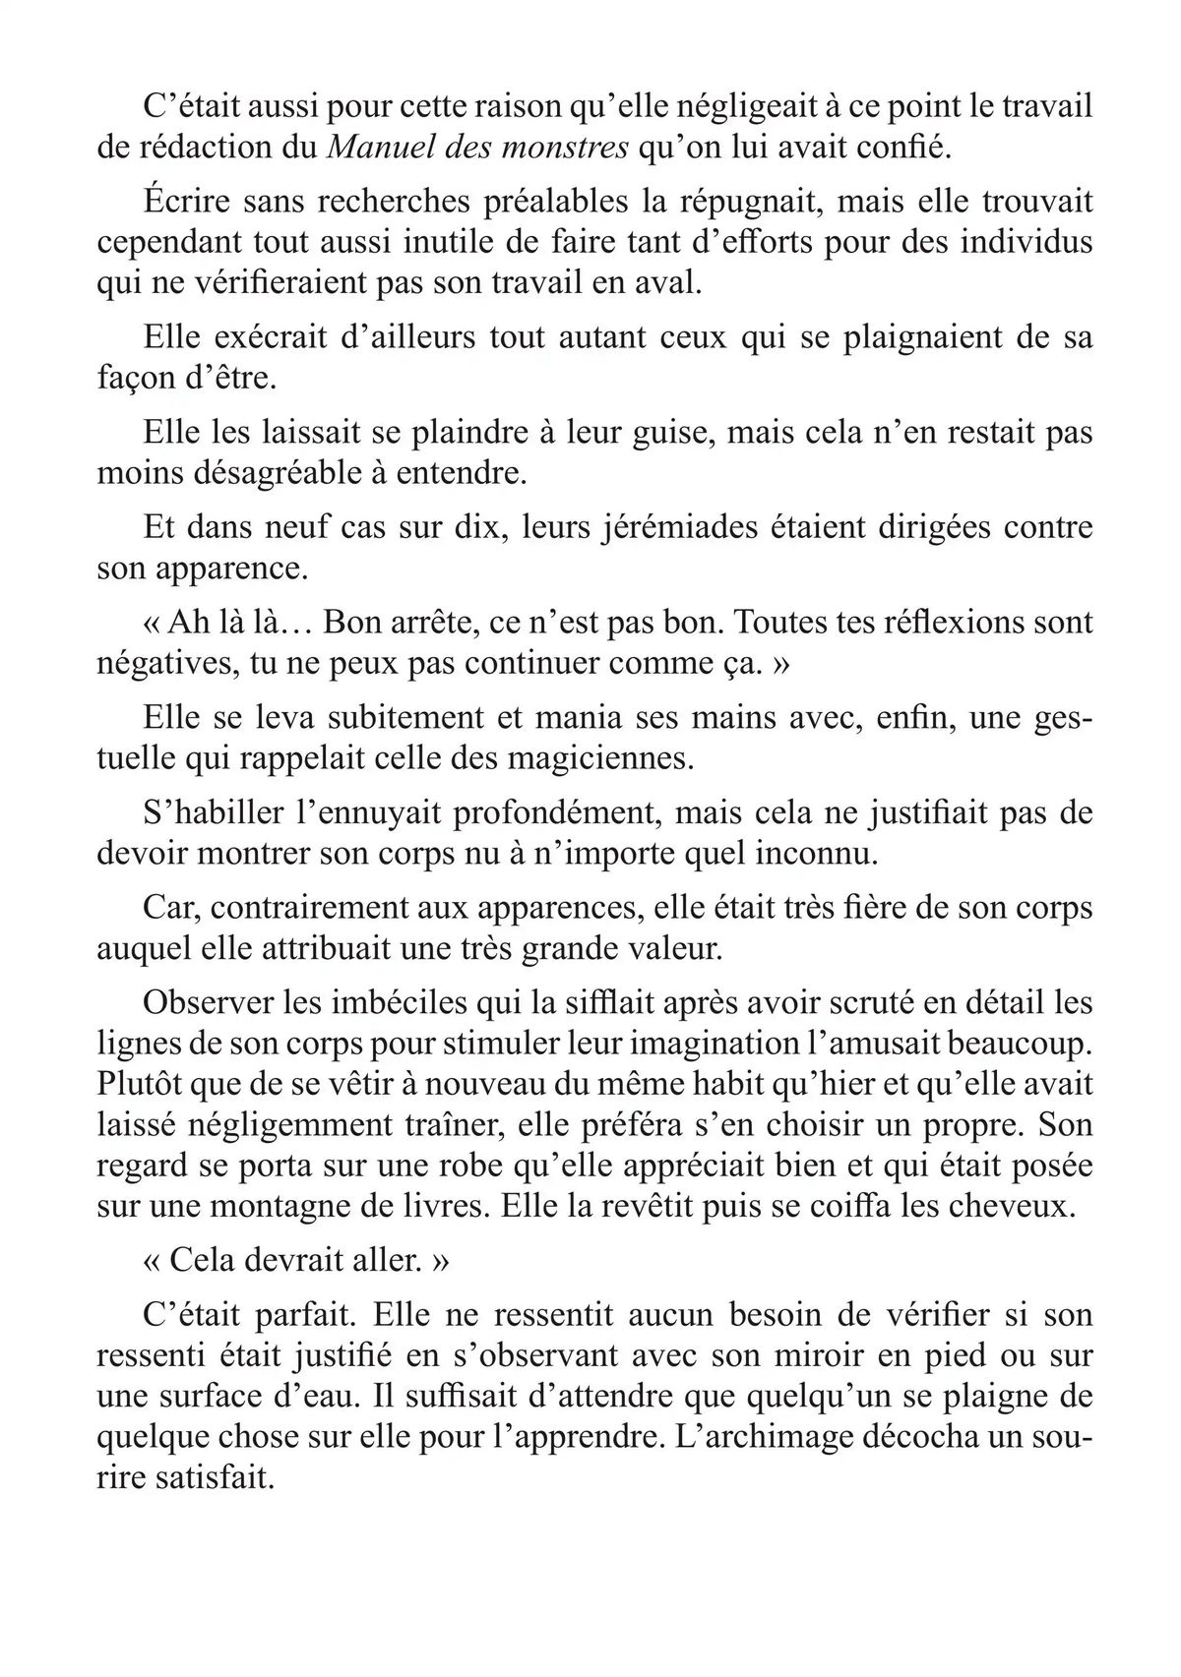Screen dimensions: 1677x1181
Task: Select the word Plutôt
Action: (149, 1084)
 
